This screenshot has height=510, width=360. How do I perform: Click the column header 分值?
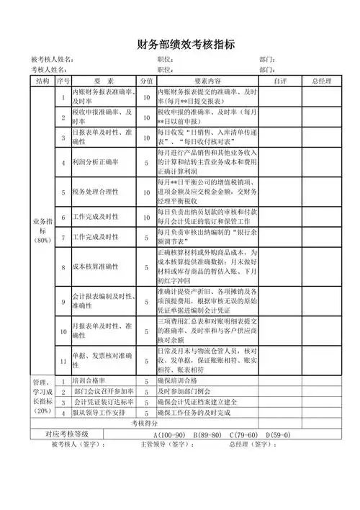(x=146, y=81)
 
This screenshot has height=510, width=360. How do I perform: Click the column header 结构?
(x=42, y=81)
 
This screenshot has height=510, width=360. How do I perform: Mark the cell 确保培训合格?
(x=177, y=380)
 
